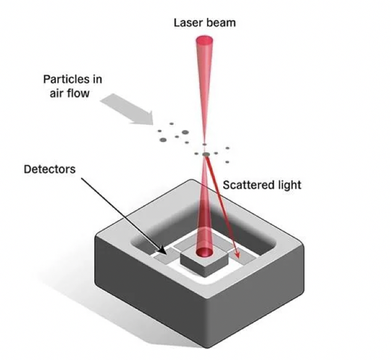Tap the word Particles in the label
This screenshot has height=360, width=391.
click(66, 79)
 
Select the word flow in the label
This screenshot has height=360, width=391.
click(79, 93)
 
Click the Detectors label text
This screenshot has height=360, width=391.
click(49, 170)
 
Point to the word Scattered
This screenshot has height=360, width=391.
click(250, 185)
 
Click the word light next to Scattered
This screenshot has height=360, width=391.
click(291, 186)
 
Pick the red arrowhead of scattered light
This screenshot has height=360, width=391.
click(237, 254)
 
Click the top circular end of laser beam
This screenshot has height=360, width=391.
click(205, 41)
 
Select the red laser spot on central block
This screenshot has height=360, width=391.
click(205, 252)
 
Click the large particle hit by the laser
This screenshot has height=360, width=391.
click(206, 155)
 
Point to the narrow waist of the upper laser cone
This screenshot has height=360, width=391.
click(205, 142)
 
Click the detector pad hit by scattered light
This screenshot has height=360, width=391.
click(243, 256)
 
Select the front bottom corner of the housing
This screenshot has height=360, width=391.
click(207, 347)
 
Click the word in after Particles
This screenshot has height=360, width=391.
click(97, 79)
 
